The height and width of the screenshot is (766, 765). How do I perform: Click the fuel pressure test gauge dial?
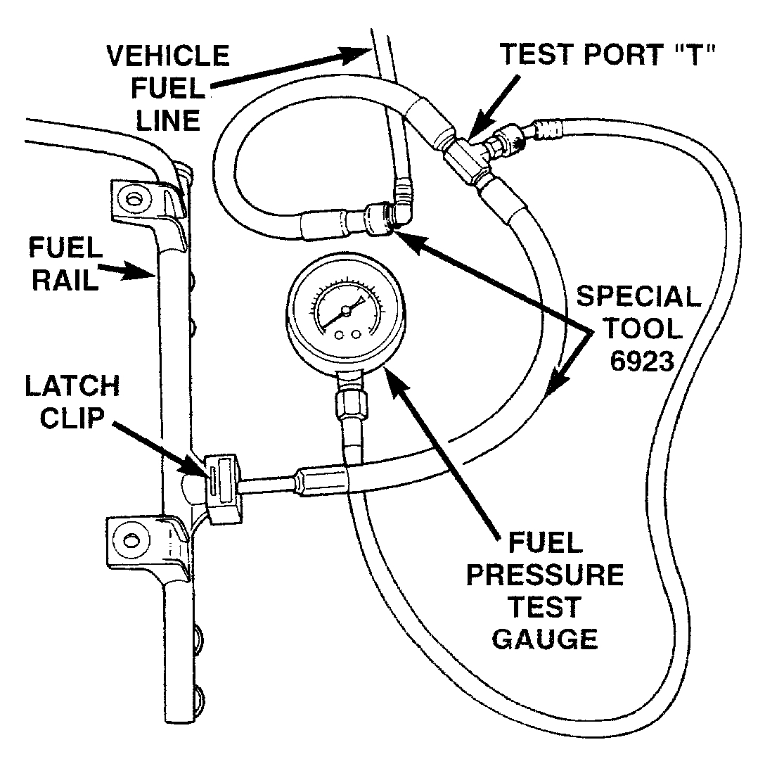(x=345, y=314)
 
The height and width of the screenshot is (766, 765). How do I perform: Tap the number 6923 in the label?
(x=638, y=362)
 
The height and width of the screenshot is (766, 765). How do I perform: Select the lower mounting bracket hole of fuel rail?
(x=129, y=539)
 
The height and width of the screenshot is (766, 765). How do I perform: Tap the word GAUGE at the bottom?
(x=544, y=638)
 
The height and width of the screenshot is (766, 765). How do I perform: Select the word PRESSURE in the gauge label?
(x=544, y=575)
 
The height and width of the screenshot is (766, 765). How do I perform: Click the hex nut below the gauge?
(x=349, y=407)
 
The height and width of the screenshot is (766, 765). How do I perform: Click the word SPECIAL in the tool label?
(x=638, y=296)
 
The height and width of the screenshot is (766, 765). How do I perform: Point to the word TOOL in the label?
(x=638, y=328)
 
